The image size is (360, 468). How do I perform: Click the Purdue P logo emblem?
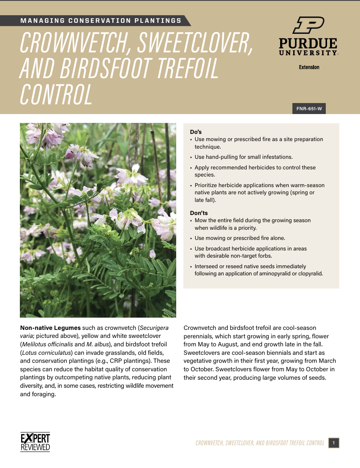coord(308,25)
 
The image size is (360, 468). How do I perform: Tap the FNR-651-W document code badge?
coord(309,109)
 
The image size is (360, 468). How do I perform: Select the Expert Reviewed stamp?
coord(35,442)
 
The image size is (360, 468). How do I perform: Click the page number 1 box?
coord(333,443)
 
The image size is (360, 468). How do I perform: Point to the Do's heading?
coord(196,132)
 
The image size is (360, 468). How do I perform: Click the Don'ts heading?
coord(199,213)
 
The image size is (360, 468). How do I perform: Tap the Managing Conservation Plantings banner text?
coord(101,20)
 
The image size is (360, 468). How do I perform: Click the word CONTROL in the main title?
coord(56,94)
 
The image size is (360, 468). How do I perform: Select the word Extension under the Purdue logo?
coord(309,67)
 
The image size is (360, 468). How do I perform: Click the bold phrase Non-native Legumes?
coord(50,328)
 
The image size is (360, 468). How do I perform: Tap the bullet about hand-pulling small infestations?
coord(243,157)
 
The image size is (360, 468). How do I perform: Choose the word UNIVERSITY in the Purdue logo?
coord(308,53)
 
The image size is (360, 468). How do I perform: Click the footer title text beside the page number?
coord(259,443)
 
